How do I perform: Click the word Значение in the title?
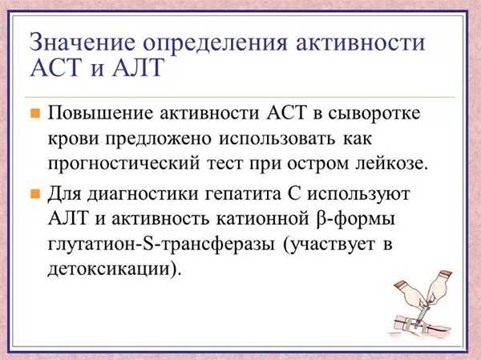point(83,42)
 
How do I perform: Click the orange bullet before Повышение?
point(35,113)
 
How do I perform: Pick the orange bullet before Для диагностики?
point(35,194)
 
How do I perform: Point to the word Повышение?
point(100,112)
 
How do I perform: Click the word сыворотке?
point(374,113)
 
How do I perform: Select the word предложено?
point(159,139)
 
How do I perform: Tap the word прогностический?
point(123,164)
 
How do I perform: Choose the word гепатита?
point(242,194)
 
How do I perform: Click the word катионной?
point(262,219)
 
